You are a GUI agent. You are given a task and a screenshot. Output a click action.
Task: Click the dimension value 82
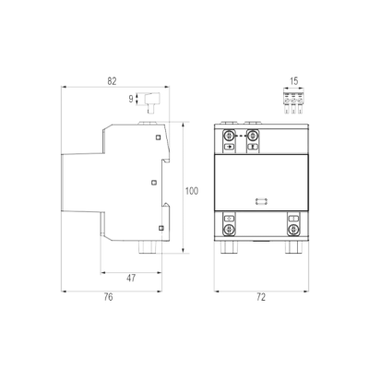tap(112, 81)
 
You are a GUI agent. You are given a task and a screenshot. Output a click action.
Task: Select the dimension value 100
tap(192, 191)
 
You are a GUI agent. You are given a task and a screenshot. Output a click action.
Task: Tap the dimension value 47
tap(131, 279)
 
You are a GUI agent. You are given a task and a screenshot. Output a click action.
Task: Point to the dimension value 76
tap(108, 297)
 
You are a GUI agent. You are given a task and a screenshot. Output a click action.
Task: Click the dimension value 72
tap(261, 297)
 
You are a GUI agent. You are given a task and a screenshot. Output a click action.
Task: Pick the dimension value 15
tap(294, 81)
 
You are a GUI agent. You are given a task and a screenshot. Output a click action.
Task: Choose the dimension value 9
tap(131, 99)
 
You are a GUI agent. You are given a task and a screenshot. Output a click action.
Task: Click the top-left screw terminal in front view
tap(229, 135)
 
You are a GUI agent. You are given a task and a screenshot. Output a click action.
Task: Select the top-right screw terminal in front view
tap(253, 135)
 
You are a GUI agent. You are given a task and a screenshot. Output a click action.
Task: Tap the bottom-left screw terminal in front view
tap(229, 229)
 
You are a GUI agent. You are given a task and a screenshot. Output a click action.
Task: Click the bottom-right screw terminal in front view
tap(293, 229)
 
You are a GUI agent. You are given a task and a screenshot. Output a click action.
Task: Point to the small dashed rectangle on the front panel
tap(261, 201)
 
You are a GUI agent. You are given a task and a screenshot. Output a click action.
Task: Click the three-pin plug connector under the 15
tap(293, 101)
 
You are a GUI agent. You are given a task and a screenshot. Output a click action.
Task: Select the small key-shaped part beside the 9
tap(152, 102)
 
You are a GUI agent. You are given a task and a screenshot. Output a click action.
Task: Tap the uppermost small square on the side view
tap(158, 137)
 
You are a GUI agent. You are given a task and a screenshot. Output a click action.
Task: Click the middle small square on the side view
tap(154, 183)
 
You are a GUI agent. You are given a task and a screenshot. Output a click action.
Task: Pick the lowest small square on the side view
tap(161, 228)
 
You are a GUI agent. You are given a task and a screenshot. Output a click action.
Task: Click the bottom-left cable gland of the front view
tap(228, 247)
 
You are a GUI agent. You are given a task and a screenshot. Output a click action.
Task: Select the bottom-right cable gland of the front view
tap(292, 247)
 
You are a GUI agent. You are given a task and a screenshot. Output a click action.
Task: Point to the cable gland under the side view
tap(149, 247)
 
